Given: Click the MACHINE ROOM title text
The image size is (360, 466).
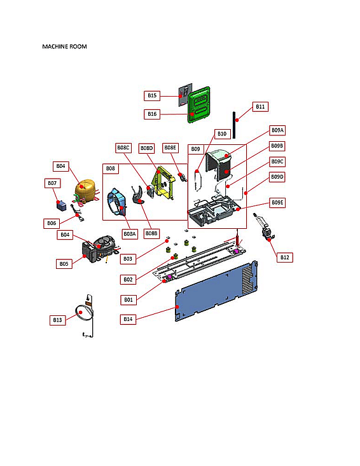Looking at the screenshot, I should (x=64, y=47).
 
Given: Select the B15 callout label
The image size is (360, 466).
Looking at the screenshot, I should (x=152, y=95).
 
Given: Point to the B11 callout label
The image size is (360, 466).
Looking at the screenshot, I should (x=260, y=107).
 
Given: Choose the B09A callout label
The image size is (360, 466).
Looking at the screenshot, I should (x=277, y=130).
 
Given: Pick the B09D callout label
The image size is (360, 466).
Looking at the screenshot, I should (x=277, y=176).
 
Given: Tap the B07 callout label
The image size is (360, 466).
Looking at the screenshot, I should (x=52, y=183).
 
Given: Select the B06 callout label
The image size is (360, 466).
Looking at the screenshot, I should (x=52, y=223).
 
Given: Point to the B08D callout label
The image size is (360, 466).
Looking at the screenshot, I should (x=147, y=147).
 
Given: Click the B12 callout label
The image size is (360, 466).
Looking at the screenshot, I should (x=285, y=257).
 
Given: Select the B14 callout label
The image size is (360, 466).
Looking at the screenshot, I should (x=128, y=319).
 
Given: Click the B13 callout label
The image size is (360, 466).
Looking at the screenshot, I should (x=58, y=320).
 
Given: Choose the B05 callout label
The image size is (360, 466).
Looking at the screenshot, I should (x=64, y=263).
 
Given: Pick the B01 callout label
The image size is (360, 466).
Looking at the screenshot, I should (x=128, y=299).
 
